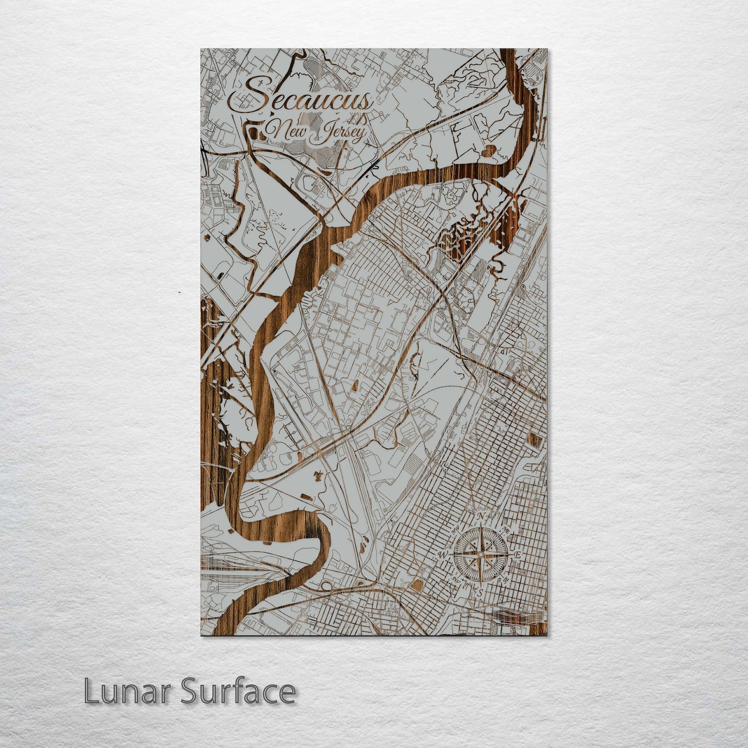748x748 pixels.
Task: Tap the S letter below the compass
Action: (480, 593)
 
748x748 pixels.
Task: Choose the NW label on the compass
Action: (455, 530)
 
